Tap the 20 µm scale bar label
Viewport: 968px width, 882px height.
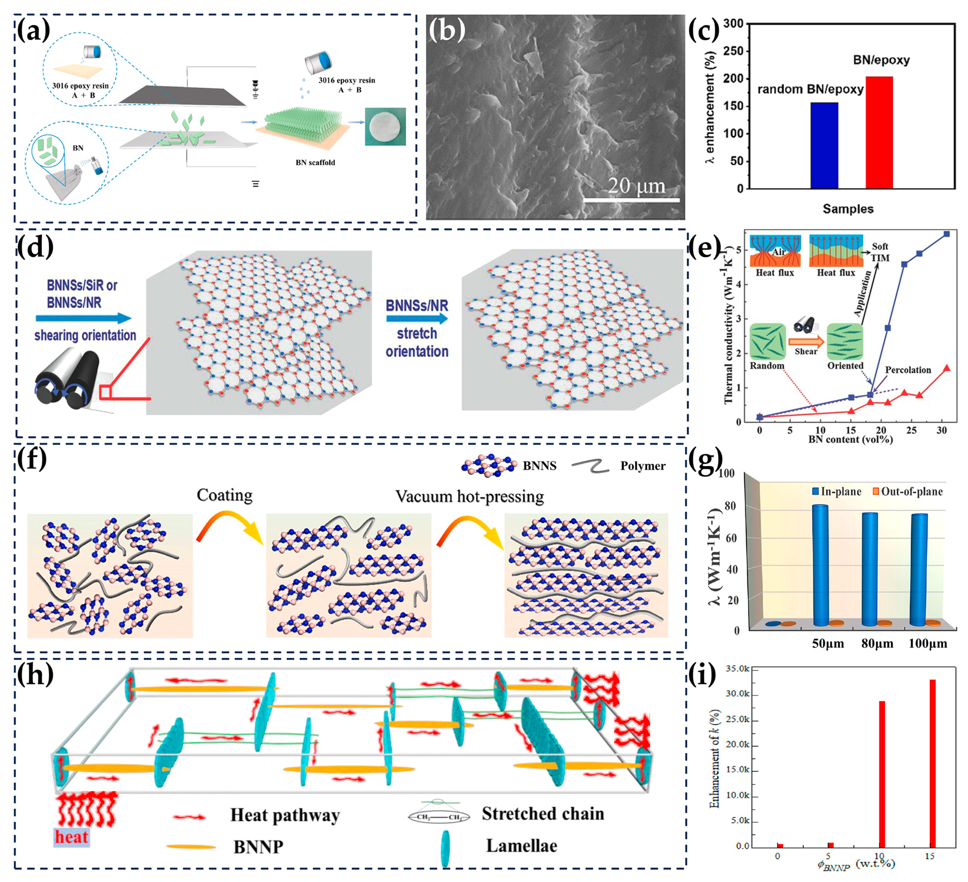coord(636,186)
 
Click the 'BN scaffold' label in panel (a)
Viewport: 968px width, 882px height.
coord(315,162)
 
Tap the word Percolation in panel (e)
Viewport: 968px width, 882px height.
coord(907,370)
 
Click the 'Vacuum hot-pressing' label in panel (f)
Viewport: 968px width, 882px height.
coord(469,497)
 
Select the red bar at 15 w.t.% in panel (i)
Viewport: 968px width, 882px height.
coord(933,764)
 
